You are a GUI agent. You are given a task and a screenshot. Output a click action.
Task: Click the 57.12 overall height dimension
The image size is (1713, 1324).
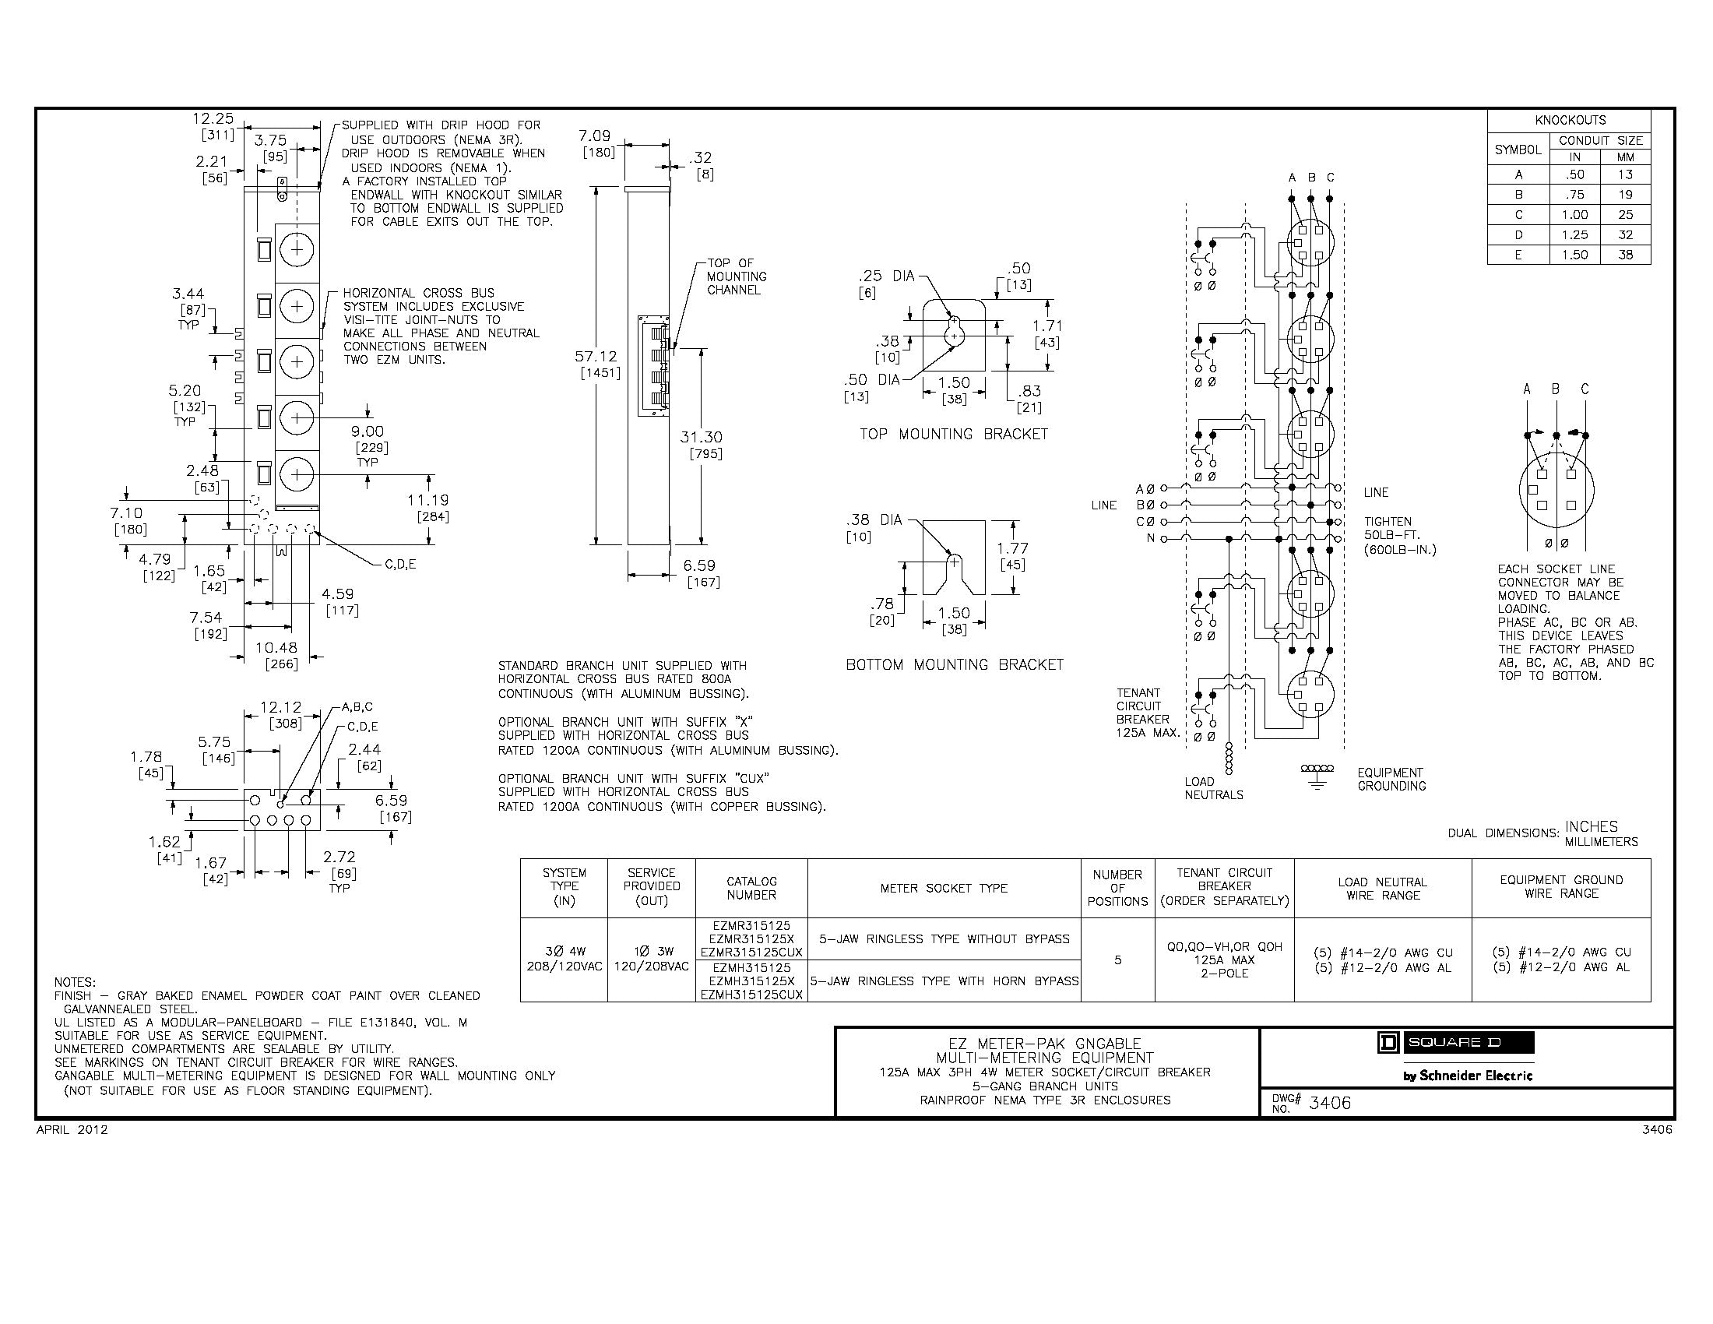click(596, 357)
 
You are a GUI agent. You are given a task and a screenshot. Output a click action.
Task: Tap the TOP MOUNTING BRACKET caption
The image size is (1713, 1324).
click(953, 434)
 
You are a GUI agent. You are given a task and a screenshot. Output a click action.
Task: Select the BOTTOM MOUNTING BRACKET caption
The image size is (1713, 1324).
click(955, 664)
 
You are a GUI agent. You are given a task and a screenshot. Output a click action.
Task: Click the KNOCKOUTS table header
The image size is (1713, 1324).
click(1570, 120)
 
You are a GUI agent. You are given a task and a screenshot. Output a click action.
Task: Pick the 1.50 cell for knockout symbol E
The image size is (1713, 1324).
click(1574, 255)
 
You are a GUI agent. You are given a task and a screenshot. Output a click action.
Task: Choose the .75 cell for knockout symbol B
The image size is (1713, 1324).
click(1574, 195)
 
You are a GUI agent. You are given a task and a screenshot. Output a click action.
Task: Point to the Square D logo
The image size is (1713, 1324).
click(1455, 1042)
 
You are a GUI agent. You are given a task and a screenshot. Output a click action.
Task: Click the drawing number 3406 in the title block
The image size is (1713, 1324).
click(1330, 1103)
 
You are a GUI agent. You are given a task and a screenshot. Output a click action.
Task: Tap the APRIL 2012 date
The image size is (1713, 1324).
click(72, 1130)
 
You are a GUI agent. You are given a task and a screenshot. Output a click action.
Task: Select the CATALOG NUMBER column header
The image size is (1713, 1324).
click(751, 888)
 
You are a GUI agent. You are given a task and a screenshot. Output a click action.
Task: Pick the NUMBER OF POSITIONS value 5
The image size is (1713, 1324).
click(1117, 960)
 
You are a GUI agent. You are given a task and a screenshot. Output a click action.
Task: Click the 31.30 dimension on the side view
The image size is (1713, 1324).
click(702, 437)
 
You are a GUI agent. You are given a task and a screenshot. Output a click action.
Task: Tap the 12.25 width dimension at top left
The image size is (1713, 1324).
click(213, 118)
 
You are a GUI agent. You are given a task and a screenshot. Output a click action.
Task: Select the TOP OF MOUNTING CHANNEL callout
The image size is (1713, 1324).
click(736, 277)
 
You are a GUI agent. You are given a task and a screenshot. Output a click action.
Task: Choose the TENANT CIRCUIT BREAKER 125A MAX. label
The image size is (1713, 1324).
click(1143, 712)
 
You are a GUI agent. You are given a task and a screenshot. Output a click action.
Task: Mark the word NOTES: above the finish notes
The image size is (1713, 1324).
click(75, 982)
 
